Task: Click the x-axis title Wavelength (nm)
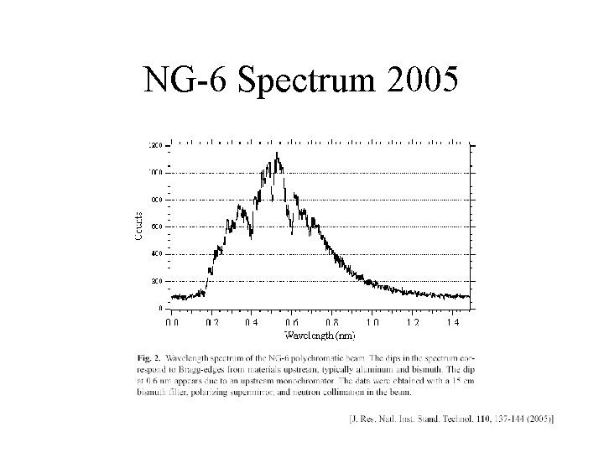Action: [320, 336]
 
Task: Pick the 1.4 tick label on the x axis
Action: [453, 322]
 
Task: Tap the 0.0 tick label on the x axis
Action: [171, 322]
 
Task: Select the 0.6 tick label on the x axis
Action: [291, 322]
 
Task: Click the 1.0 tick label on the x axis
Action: [372, 322]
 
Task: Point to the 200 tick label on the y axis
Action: [157, 281]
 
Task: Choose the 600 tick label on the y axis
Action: [157, 226]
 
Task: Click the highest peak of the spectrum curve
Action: [277, 154]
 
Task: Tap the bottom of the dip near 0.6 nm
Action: [291, 226]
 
